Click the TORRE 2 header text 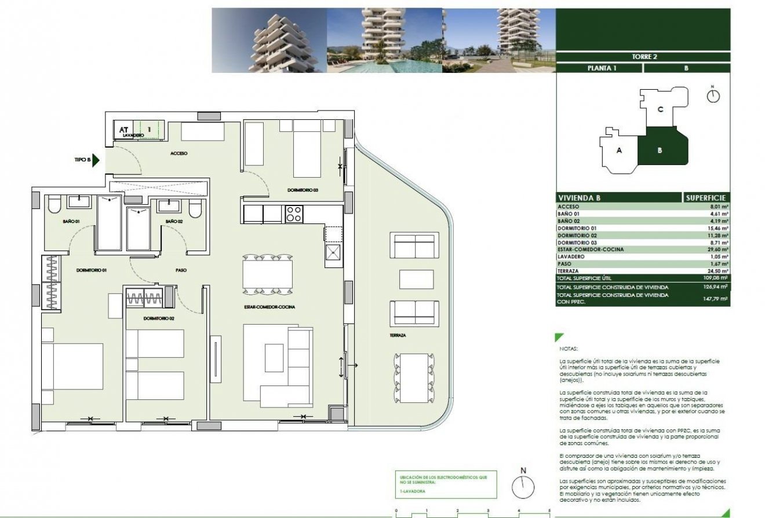[643, 57]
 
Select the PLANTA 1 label [599, 68]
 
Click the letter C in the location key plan [660, 109]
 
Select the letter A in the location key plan [620, 150]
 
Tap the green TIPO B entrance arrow [97, 160]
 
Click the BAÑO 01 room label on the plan [71, 221]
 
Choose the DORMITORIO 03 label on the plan [303, 190]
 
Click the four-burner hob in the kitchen [294, 214]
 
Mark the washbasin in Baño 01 [78, 202]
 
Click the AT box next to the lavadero [123, 130]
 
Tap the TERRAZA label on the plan [398, 335]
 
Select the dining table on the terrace [413, 378]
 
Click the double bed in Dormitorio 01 [72, 366]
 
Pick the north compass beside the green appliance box [523, 487]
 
